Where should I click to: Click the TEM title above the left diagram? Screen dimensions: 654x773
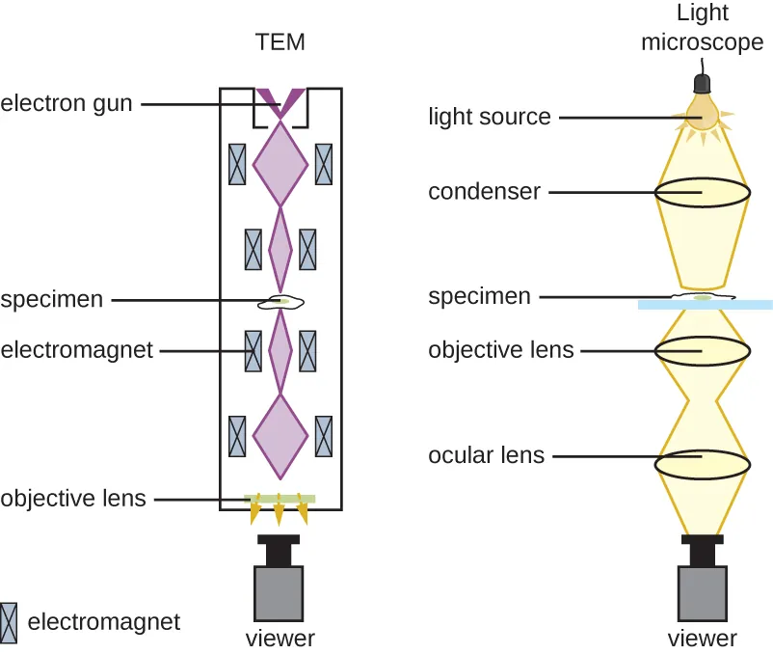280,41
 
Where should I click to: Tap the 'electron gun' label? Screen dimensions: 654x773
67,102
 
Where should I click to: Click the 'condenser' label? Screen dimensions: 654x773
484,192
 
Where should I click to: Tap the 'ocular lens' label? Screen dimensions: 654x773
486,454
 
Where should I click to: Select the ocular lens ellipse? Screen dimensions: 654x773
703,464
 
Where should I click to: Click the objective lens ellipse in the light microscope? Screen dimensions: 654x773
703,351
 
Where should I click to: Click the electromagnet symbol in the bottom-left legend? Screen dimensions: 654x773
9,622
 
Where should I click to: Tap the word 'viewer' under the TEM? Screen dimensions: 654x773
280,638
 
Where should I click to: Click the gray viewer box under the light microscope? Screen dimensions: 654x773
703,593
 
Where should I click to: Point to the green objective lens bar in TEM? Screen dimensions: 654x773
280,499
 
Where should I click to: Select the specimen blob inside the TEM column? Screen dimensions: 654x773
280,302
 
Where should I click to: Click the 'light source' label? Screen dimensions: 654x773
490,117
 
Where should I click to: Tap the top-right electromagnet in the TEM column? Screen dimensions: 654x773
324,164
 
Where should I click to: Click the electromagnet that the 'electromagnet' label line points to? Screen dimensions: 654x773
254,351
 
